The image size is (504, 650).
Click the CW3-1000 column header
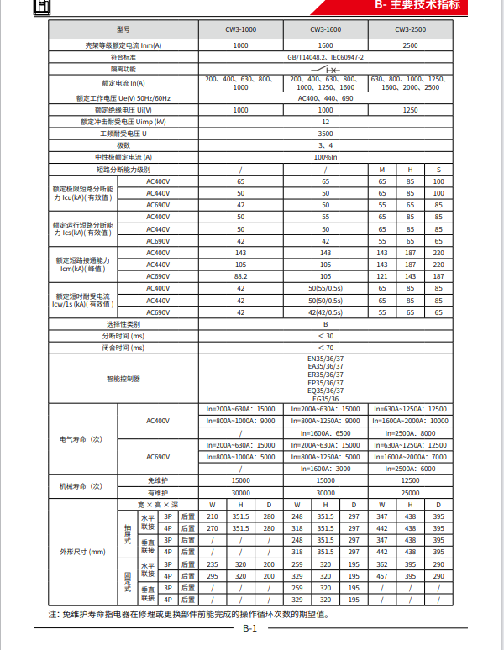point(240,29)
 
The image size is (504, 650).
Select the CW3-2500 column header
point(410,29)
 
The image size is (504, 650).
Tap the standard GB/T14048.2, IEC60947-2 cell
point(325,56)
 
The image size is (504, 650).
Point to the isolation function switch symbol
point(325,69)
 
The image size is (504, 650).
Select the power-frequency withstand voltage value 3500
point(325,134)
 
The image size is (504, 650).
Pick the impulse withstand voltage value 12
point(325,122)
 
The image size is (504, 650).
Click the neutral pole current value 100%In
point(325,157)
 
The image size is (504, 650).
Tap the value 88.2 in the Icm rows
point(240,276)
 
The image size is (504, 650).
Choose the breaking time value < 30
point(325,335)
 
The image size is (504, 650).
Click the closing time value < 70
point(325,347)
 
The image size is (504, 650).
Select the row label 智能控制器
point(123,379)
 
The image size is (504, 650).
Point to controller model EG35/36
point(325,399)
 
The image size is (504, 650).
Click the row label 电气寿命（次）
point(81,438)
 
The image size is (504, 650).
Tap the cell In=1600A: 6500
point(325,432)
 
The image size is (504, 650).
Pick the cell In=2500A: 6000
point(410,469)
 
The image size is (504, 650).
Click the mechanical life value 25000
point(410,492)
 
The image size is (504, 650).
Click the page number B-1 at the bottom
point(250,628)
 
